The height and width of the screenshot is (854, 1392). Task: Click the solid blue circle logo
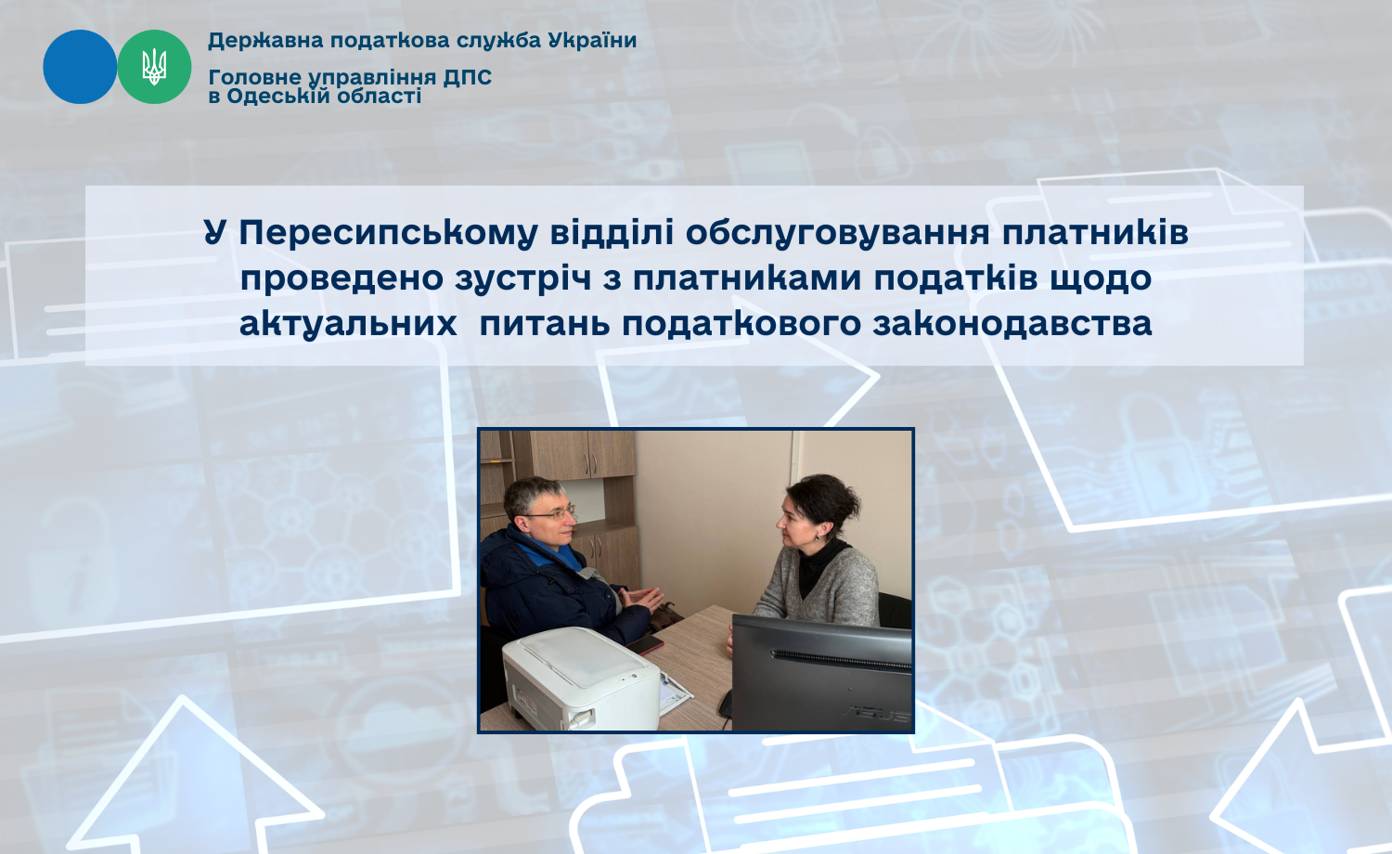pyautogui.click(x=80, y=67)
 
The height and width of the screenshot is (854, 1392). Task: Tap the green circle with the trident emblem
pyautogui.click(x=154, y=67)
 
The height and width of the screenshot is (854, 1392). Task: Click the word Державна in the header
pyautogui.click(x=265, y=41)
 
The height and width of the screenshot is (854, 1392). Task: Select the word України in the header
pyautogui.click(x=592, y=41)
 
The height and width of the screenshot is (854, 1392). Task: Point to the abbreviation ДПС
pyautogui.click(x=468, y=78)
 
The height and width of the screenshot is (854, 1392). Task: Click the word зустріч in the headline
pyautogui.click(x=522, y=279)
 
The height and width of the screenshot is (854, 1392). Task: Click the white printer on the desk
pyautogui.click(x=581, y=679)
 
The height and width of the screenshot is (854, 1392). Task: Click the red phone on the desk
pyautogui.click(x=644, y=644)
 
